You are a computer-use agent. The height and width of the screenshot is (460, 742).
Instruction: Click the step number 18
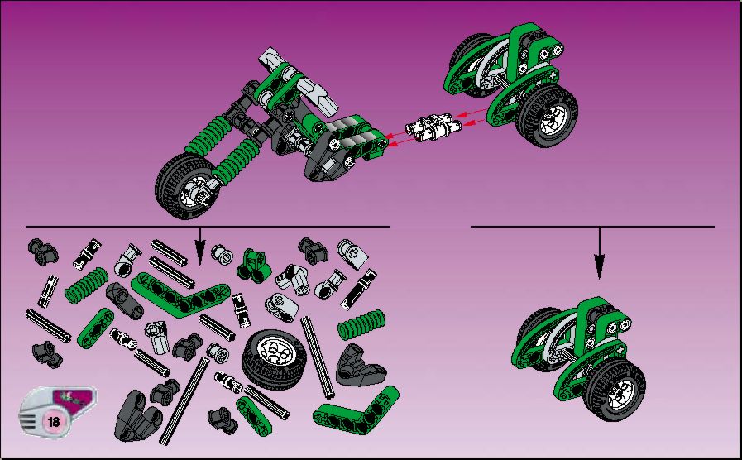[x=54, y=421]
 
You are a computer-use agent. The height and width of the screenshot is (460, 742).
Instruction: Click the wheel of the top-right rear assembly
[x=548, y=115]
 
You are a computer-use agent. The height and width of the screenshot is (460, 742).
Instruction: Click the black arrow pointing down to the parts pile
[x=200, y=246]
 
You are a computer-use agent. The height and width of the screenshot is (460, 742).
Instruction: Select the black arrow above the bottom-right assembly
[x=600, y=253]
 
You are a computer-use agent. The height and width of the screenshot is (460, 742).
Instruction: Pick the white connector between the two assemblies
[x=433, y=127]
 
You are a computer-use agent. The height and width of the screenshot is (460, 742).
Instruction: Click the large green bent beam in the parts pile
[x=180, y=295]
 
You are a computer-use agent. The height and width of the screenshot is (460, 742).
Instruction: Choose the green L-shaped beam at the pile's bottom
[x=356, y=413]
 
